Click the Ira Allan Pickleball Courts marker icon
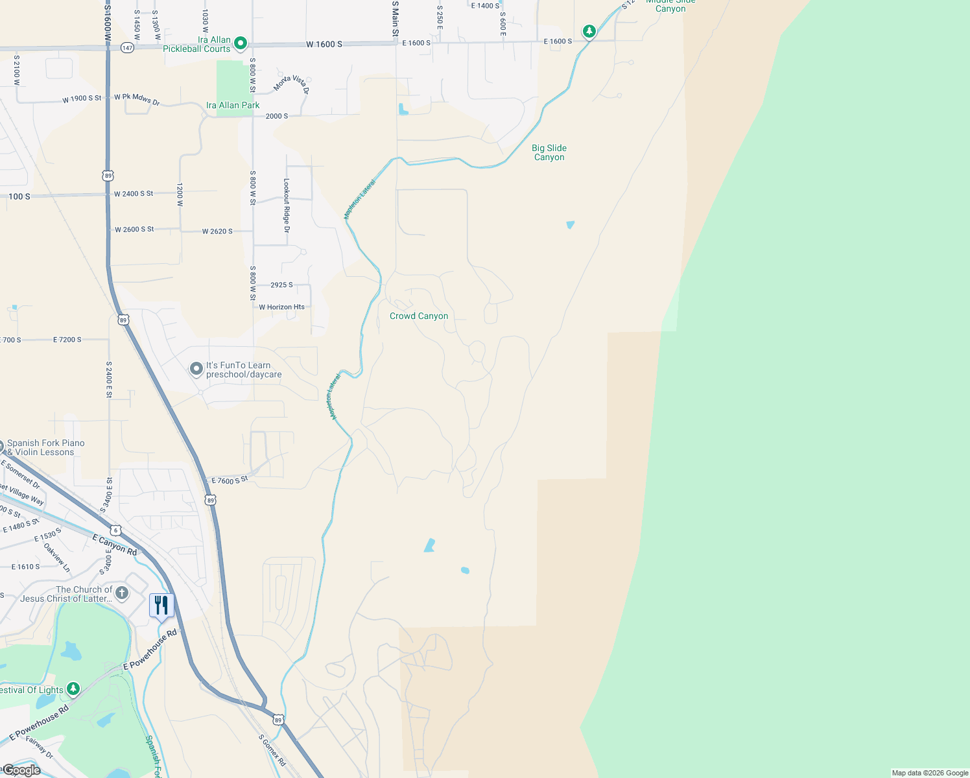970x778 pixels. (x=241, y=43)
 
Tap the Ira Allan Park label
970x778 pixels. (x=233, y=105)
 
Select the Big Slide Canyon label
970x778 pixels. (x=549, y=152)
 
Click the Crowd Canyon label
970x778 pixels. (x=419, y=316)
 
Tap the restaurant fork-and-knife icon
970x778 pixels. (x=161, y=606)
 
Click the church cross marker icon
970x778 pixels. (x=122, y=593)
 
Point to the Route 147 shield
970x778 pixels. (x=127, y=48)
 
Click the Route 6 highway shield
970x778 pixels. (x=115, y=530)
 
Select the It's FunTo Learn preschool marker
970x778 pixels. (x=196, y=369)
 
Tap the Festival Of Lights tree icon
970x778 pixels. (x=73, y=689)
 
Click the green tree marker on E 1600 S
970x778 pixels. (x=589, y=31)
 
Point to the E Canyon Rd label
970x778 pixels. (x=115, y=545)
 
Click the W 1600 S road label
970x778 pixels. (x=324, y=44)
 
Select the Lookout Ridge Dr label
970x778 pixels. (x=287, y=206)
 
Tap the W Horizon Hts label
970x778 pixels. (x=281, y=307)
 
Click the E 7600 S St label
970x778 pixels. (x=230, y=480)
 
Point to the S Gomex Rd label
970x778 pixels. (x=272, y=750)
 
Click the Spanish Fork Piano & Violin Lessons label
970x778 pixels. (x=45, y=447)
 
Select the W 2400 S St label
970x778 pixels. (x=134, y=194)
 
